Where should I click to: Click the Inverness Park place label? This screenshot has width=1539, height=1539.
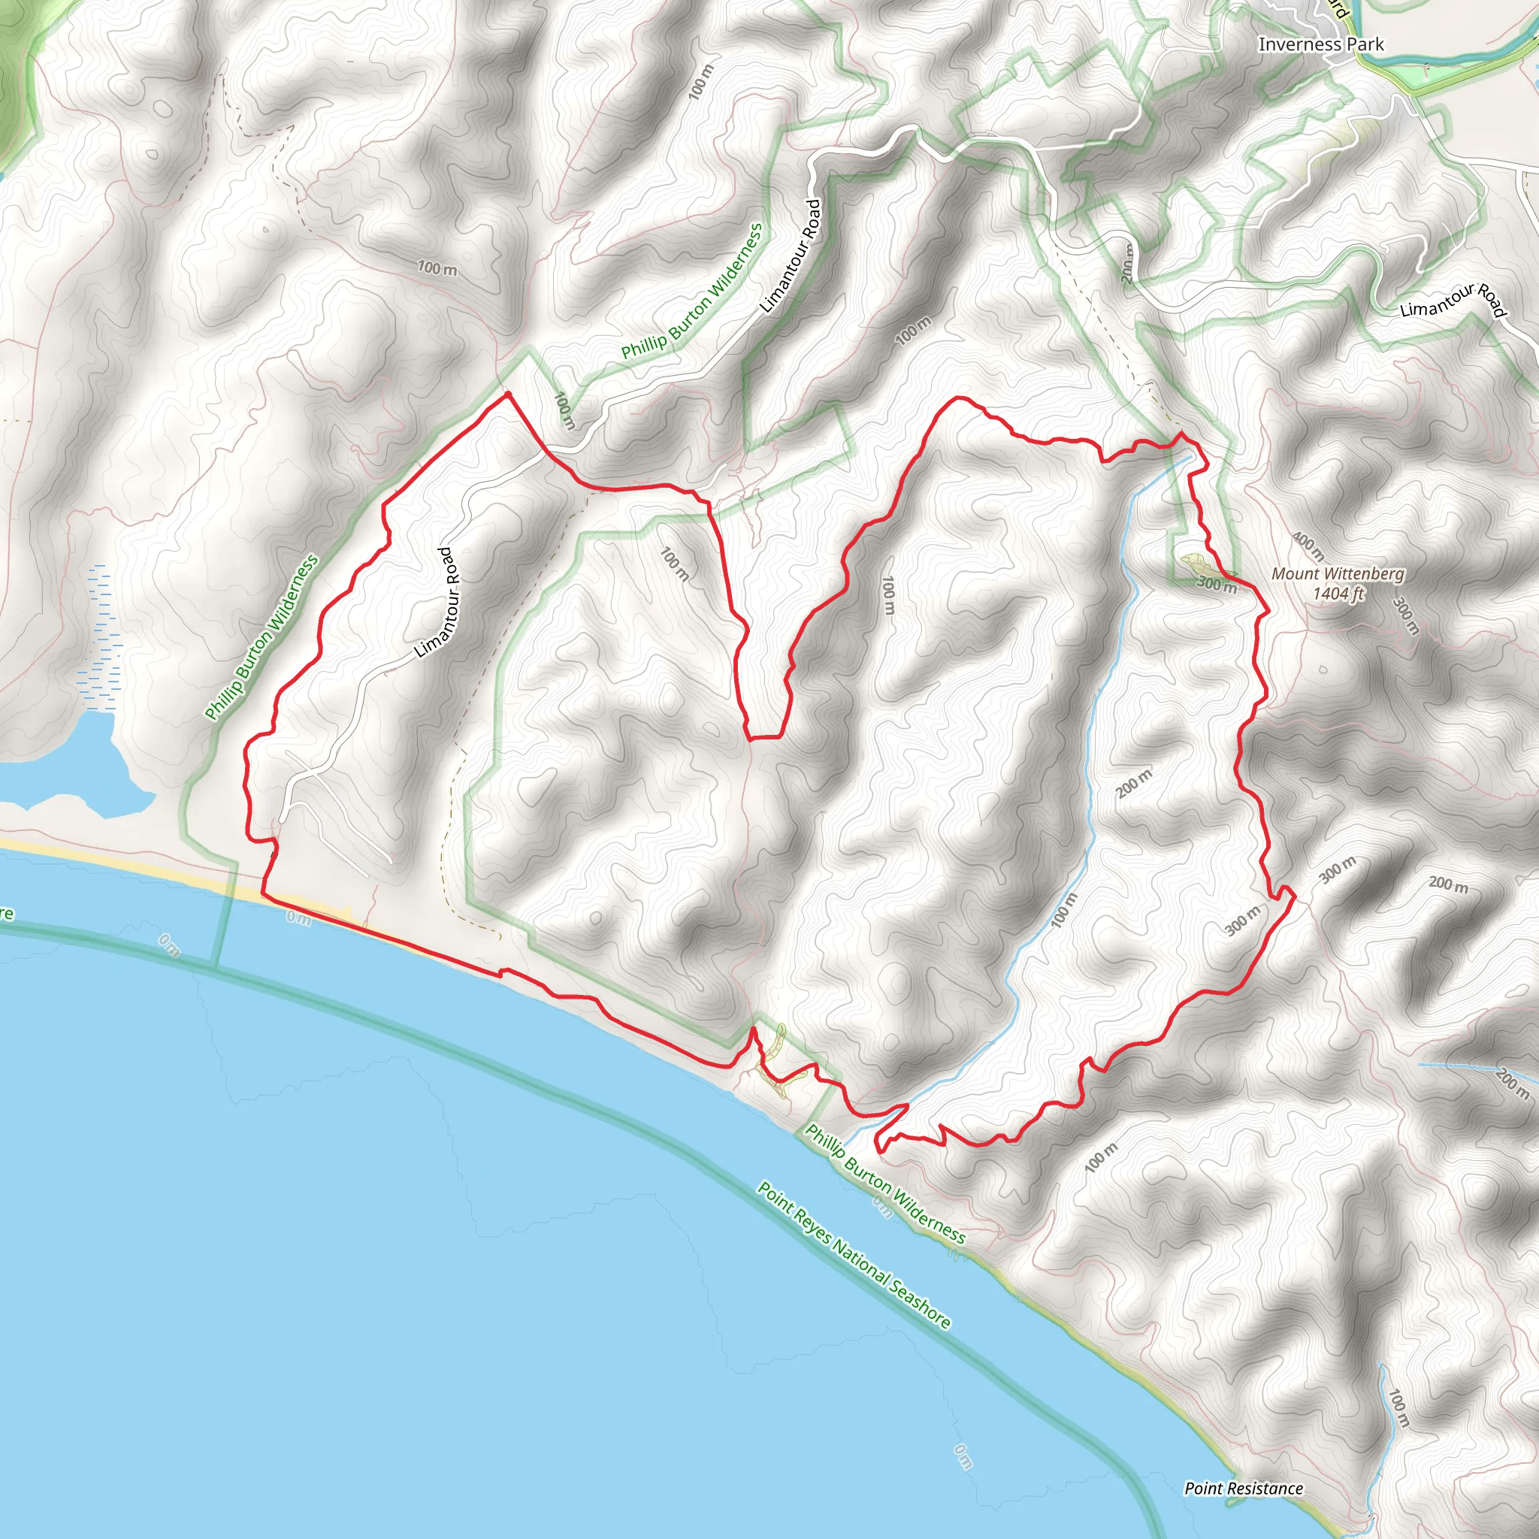click(1321, 44)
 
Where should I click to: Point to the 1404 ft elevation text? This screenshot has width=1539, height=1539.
click(1338, 594)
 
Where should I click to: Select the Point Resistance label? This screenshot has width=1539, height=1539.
click(1244, 1489)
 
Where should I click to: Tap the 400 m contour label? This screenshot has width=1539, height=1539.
click(1308, 546)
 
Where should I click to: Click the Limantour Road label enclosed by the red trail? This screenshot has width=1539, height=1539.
click(437, 601)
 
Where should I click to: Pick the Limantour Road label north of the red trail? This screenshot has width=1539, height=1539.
click(791, 255)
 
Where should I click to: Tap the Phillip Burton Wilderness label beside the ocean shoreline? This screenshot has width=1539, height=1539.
click(885, 1184)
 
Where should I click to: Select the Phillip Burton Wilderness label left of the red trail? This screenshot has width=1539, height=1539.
click(262, 637)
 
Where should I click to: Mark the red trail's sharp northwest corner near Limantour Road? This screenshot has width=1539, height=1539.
click(506, 395)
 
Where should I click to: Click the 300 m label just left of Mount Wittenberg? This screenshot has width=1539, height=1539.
click(1217, 585)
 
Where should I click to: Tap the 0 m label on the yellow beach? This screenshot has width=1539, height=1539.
click(299, 918)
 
